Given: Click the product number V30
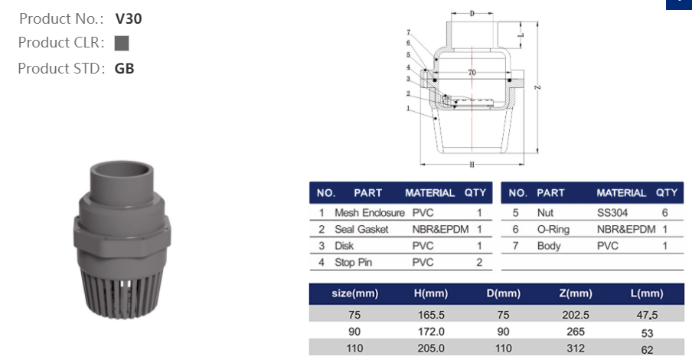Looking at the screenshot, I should coord(128,19).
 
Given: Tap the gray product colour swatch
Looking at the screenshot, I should coord(121,43).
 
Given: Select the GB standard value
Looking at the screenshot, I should coord(124,68).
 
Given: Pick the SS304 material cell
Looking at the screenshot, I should coord(613,212).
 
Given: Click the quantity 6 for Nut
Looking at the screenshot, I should coord(664,212).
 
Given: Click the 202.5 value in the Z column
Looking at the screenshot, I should coord(574,315).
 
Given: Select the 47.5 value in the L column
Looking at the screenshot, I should coord(648,315).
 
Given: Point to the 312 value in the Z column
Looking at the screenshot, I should coord(575,349).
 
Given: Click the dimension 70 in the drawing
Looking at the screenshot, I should coord(472,73).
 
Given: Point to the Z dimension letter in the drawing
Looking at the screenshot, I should coord(538,88).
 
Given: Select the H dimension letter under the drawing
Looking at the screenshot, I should coord(472,165).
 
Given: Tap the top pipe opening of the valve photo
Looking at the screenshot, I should coord(116,172).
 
